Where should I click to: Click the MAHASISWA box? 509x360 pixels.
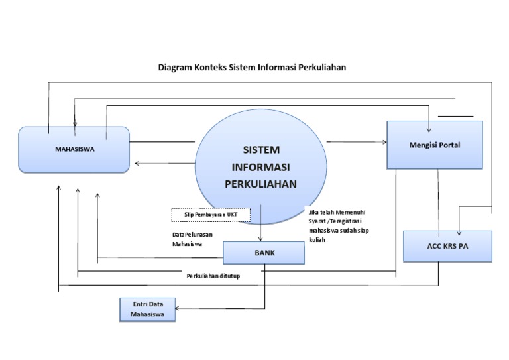pyautogui.click(x=74, y=149)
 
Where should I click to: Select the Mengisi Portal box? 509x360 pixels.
pyautogui.click(x=434, y=145)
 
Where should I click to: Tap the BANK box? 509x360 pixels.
pyautogui.click(x=264, y=253)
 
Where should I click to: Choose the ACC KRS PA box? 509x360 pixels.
pyautogui.click(x=447, y=246)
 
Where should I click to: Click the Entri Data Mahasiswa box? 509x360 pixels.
pyautogui.click(x=148, y=310)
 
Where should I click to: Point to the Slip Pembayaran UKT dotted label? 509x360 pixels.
pyautogui.click(x=211, y=215)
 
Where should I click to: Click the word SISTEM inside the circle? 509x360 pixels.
pyautogui.click(x=261, y=150)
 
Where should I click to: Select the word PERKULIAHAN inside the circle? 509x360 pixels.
pyautogui.click(x=261, y=184)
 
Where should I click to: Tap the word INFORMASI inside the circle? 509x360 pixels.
pyautogui.click(x=261, y=167)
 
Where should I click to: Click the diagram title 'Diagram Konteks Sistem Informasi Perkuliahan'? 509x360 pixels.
pyautogui.click(x=252, y=67)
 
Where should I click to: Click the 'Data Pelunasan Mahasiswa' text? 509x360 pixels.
pyautogui.click(x=192, y=239)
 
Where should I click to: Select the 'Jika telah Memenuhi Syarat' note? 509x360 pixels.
pyautogui.click(x=336, y=225)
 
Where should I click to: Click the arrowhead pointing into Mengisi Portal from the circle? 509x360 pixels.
pyautogui.click(x=384, y=141)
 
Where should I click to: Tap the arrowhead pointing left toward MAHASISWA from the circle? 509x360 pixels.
pyautogui.click(x=137, y=164)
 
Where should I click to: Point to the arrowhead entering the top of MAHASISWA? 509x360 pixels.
pyautogui.click(x=75, y=123)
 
